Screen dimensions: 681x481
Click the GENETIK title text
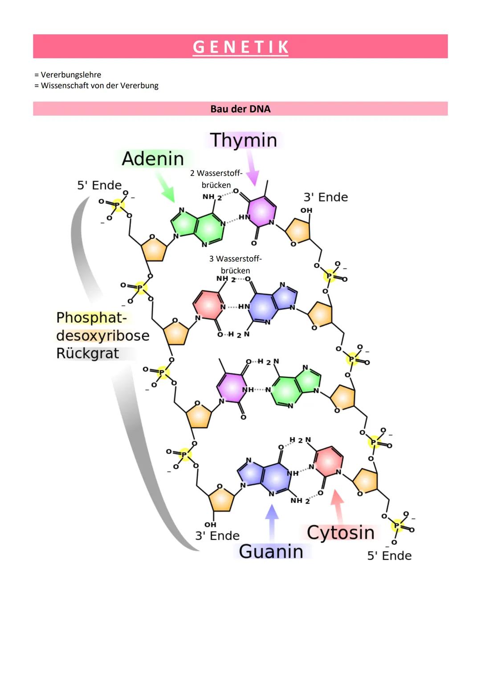tap(240, 47)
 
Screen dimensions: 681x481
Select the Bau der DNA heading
tap(240, 109)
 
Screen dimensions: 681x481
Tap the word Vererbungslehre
tap(71, 75)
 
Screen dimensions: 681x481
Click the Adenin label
tap(153, 159)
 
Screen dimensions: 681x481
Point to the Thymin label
tap(244, 140)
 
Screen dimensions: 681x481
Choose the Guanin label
tap(271, 551)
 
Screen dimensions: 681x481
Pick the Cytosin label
tap(340, 532)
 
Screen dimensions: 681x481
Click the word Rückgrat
tap(88, 353)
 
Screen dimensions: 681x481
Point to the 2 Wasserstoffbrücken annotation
tap(216, 179)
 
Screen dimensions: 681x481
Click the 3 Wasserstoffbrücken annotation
tap(235, 264)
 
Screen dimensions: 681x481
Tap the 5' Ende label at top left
tap(99, 185)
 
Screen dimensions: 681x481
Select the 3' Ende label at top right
tap(326, 197)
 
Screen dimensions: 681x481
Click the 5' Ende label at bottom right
tap(389, 556)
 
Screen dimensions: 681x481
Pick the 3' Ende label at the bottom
tap(217, 536)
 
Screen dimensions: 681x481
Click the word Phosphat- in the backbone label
tap(91, 318)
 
